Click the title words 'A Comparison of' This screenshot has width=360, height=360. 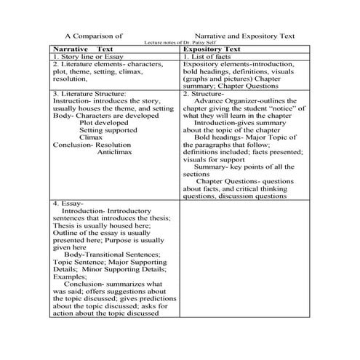point(94,35)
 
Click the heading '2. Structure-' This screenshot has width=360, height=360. point(203,94)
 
